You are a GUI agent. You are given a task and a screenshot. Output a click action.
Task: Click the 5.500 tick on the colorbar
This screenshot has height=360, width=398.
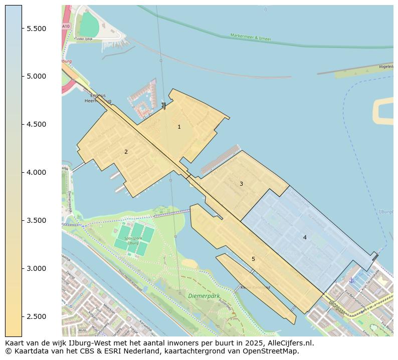(37, 29)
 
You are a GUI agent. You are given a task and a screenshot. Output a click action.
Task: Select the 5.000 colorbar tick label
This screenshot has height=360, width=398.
(37, 77)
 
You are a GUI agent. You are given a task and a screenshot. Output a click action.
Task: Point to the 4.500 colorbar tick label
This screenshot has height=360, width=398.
(37, 125)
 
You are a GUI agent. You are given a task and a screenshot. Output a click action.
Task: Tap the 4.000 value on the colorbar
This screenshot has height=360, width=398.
(37, 173)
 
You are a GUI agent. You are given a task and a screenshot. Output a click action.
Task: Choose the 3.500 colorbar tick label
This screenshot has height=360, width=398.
(37, 221)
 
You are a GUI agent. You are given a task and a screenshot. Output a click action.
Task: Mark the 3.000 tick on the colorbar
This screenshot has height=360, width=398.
(37, 269)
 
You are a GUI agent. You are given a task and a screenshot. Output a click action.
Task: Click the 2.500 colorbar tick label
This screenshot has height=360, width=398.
(37, 317)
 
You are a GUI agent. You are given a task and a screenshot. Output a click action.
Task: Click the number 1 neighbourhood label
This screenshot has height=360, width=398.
(179, 127)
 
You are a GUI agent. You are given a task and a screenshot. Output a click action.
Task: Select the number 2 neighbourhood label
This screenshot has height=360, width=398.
(126, 152)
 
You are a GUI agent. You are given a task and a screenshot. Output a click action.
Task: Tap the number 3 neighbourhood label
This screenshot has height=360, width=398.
(241, 184)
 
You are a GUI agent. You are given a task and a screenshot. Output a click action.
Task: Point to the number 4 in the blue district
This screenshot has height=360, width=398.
(305, 238)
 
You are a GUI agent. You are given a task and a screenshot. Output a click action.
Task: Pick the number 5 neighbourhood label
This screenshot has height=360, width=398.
(253, 259)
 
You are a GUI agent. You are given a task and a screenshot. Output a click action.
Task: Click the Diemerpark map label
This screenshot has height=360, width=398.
(204, 296)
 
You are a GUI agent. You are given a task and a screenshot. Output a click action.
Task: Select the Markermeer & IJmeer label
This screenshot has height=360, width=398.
(251, 37)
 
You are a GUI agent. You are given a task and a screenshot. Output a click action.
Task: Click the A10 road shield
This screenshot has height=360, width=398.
(66, 26)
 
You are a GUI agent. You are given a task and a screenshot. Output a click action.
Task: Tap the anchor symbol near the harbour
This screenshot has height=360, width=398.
(351, 280)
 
